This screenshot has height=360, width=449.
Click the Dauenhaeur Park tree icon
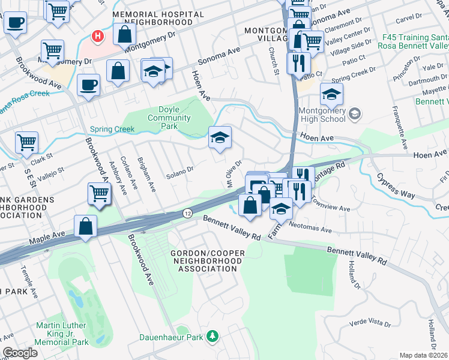coord(212,336)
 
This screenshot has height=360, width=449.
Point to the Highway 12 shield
coord(188,214)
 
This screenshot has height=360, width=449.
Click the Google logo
coord(20,353)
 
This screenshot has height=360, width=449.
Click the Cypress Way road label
coord(396,187)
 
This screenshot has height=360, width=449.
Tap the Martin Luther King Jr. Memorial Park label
coord(62,333)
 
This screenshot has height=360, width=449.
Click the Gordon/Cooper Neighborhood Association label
coord(208,261)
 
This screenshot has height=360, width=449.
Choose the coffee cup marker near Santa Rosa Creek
coord(89,85)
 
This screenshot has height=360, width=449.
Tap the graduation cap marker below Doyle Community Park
coord(220,138)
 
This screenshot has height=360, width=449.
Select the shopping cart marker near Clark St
coord(26,142)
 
